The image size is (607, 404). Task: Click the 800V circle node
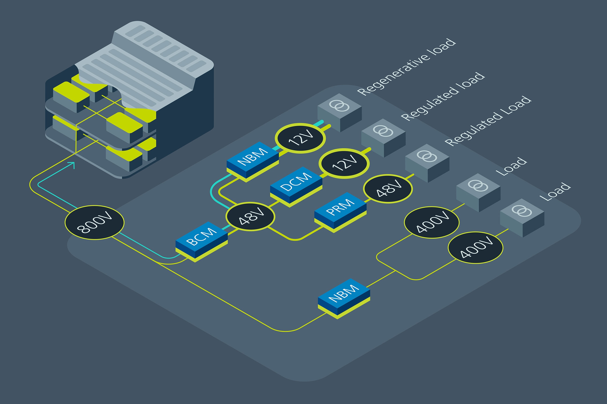tap(94, 222)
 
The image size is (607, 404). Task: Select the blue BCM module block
tap(202, 240)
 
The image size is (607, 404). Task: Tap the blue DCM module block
tap(296, 185)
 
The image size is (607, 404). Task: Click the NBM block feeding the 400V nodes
tap(344, 296)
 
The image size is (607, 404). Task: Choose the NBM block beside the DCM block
tap(253, 159)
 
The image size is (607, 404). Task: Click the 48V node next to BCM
tap(250, 216)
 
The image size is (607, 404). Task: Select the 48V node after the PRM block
tap(388, 189)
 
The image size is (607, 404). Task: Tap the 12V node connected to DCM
tap(344, 163)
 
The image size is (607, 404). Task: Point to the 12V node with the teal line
tap(300, 138)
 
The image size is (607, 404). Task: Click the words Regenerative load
tap(407, 67)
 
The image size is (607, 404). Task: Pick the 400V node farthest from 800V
tap(475, 248)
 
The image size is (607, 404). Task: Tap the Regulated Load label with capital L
tap(488, 121)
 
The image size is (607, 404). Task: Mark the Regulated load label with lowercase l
tap(443, 96)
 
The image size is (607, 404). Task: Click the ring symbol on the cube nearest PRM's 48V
tap(427, 156)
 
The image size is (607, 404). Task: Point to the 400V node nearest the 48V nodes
tap(432, 222)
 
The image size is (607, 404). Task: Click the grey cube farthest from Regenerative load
tap(522, 218)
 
